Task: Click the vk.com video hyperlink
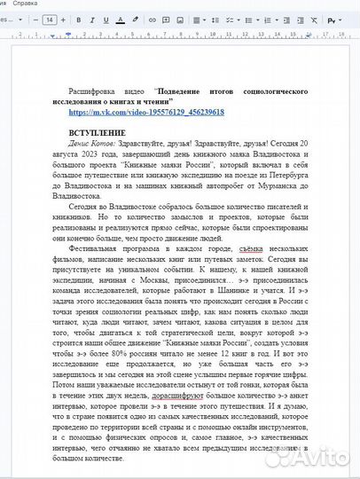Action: [x=145, y=113]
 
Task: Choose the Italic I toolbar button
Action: [x=93, y=19]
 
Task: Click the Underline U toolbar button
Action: [x=107, y=19]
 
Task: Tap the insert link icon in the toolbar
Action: [x=153, y=19]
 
